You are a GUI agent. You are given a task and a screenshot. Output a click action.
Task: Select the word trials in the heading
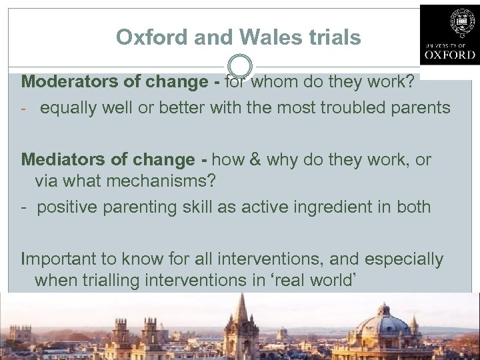point(333,37)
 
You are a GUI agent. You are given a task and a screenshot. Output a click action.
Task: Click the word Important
point(59,259)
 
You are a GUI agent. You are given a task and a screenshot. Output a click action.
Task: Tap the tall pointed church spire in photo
point(241,313)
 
